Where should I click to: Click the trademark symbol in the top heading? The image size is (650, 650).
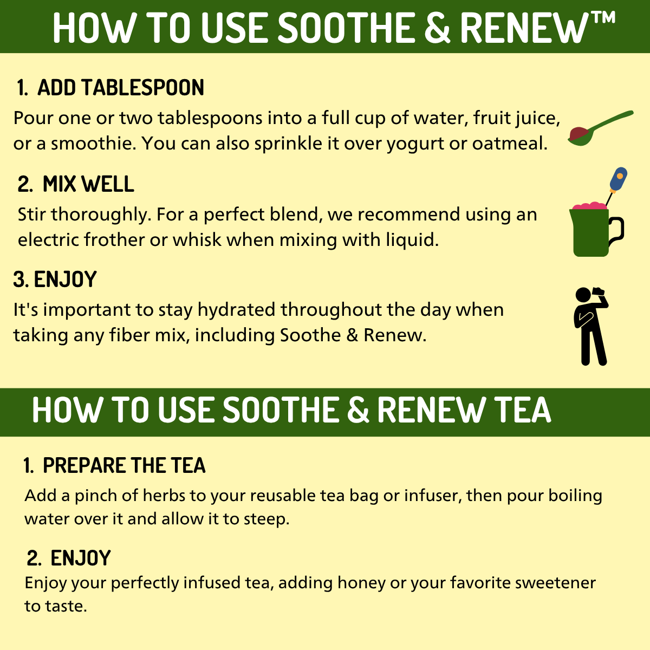tap(602, 18)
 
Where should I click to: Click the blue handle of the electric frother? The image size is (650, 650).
tap(619, 178)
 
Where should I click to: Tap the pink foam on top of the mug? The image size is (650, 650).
tap(589, 206)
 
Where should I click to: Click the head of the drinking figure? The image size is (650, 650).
tap(583, 296)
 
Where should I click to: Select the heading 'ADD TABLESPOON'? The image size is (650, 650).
tap(120, 88)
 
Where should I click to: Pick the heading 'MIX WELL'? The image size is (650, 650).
tap(88, 184)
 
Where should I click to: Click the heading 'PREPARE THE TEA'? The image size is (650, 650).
tap(124, 465)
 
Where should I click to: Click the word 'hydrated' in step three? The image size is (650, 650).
tap(236, 310)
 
